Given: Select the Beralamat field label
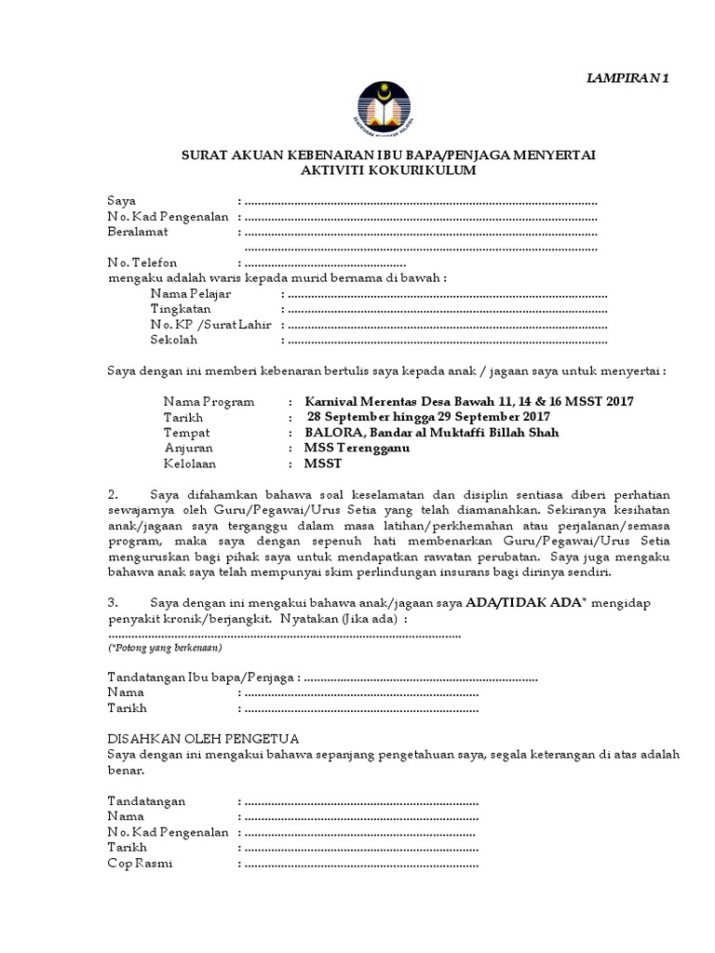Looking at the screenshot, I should click(x=137, y=232).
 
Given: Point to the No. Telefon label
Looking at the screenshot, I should click(x=142, y=263).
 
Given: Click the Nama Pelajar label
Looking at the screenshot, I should click(x=191, y=294).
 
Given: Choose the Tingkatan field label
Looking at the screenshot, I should click(x=181, y=309).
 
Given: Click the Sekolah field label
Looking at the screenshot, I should click(x=175, y=341).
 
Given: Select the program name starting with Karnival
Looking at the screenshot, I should click(x=469, y=401).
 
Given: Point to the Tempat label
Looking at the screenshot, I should click(x=186, y=433).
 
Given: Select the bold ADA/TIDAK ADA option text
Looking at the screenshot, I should click(x=518, y=604).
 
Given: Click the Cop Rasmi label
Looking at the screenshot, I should click(x=141, y=863).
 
